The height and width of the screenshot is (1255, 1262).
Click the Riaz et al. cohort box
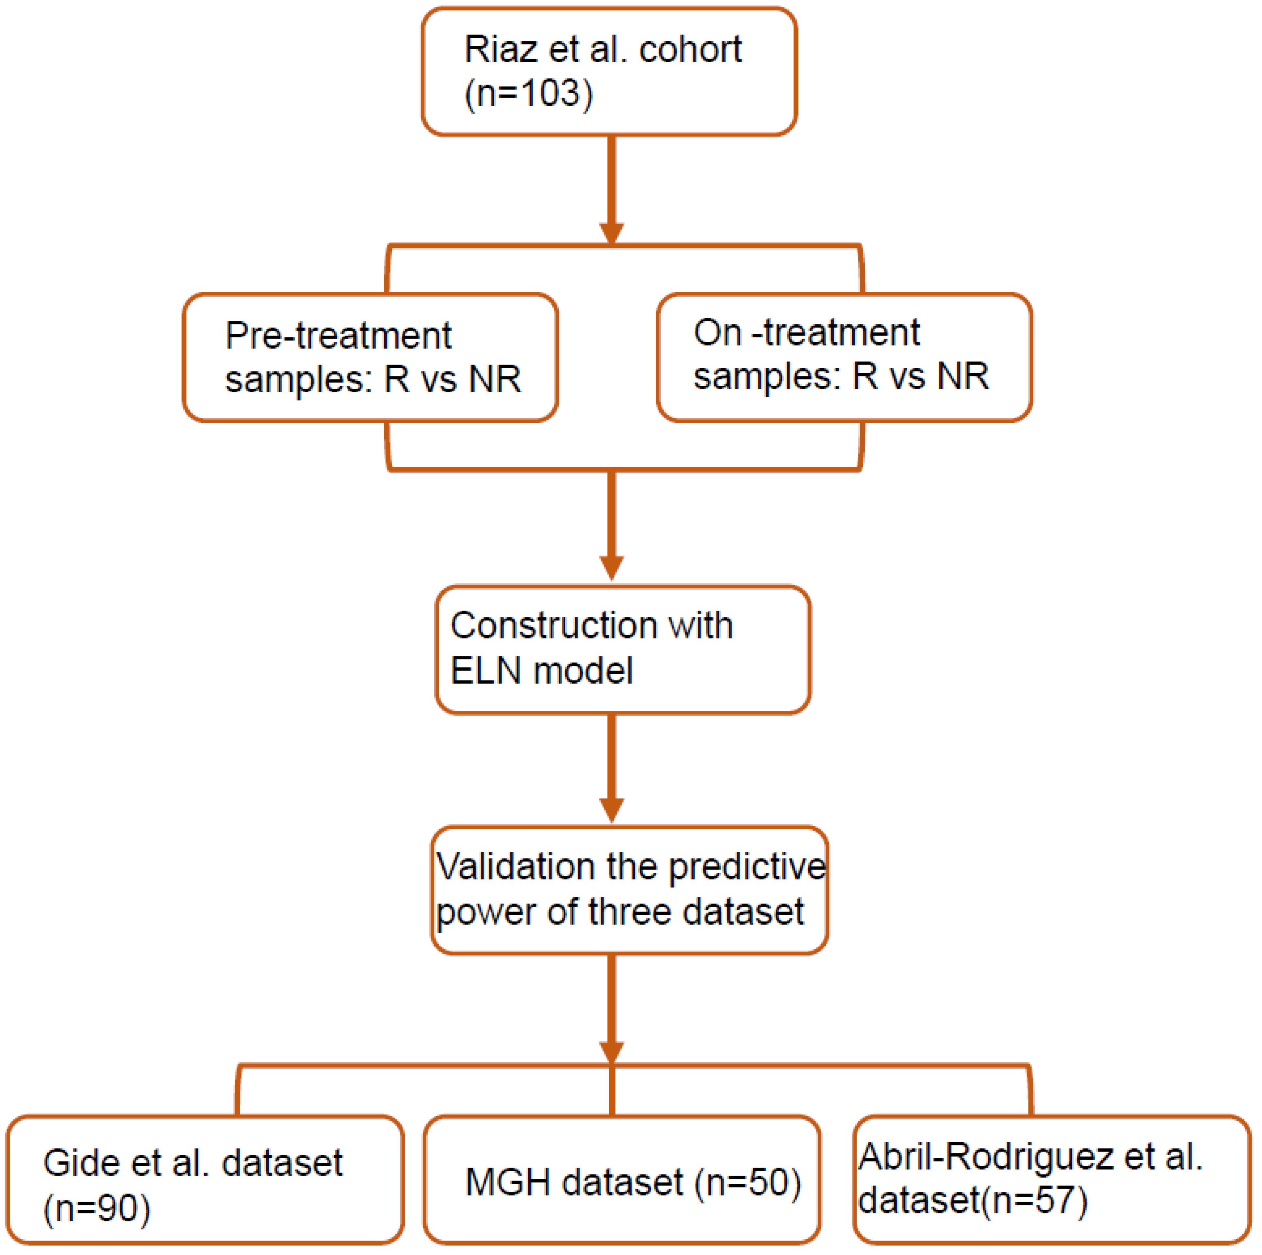609,72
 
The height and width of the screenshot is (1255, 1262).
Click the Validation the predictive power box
629,890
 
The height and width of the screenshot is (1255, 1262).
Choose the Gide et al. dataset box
205,1180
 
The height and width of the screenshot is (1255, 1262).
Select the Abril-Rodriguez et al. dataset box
1052,1180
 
